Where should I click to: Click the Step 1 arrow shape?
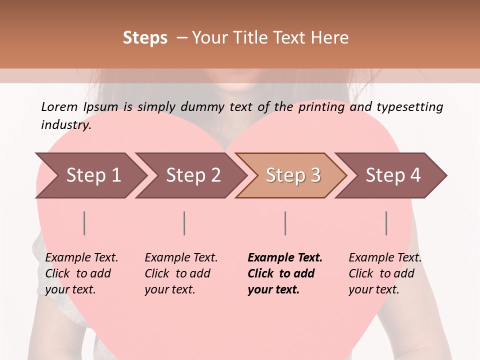click(90, 175)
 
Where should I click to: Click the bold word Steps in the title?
click(145, 38)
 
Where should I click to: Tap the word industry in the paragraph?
click(65, 125)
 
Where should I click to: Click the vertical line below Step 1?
click(84, 223)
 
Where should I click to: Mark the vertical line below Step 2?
click(184, 223)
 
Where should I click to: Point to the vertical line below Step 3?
click(285, 223)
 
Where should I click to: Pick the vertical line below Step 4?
click(386, 223)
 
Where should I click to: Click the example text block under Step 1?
click(81, 273)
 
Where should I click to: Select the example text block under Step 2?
click(180, 273)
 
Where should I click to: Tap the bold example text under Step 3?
click(284, 273)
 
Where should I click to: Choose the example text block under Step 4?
click(384, 273)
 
